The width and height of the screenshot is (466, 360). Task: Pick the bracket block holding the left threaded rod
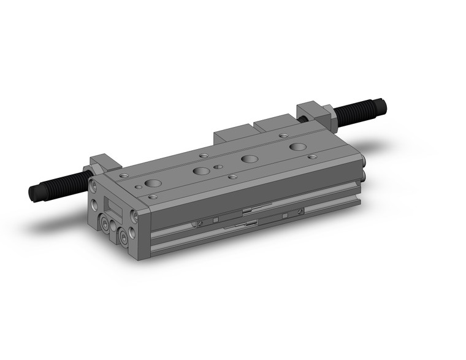coord(103,163)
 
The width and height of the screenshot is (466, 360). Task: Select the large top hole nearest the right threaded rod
coord(299,147)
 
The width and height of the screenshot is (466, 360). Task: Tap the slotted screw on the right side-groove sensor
coord(299,212)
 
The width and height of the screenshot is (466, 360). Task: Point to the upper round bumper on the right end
coord(365,162)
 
